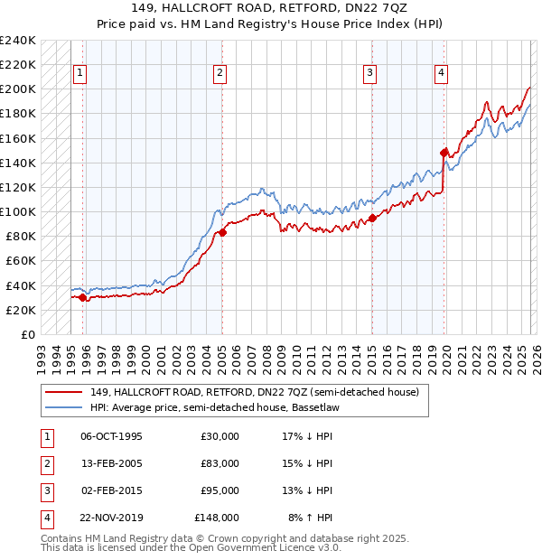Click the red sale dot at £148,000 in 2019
[x=444, y=153]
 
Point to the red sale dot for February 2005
[x=222, y=232]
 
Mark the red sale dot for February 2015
[x=372, y=218]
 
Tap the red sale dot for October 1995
[x=82, y=297]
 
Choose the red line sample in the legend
[x=63, y=392]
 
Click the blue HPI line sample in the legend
[x=63, y=408]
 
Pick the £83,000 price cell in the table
[x=220, y=463]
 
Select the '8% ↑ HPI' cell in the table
[x=310, y=518]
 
